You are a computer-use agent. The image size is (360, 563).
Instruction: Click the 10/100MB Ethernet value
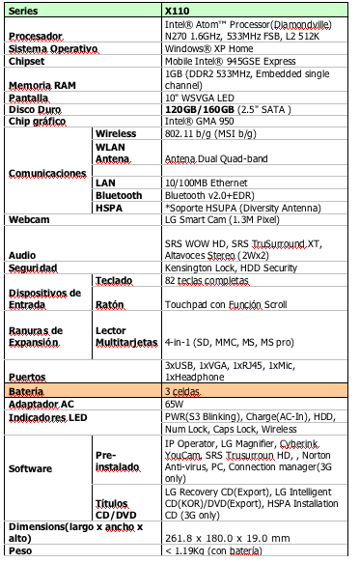pos(207,182)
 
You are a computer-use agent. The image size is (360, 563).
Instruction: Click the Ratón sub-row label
pos(110,303)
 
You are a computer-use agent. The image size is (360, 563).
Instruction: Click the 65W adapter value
pos(174,403)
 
